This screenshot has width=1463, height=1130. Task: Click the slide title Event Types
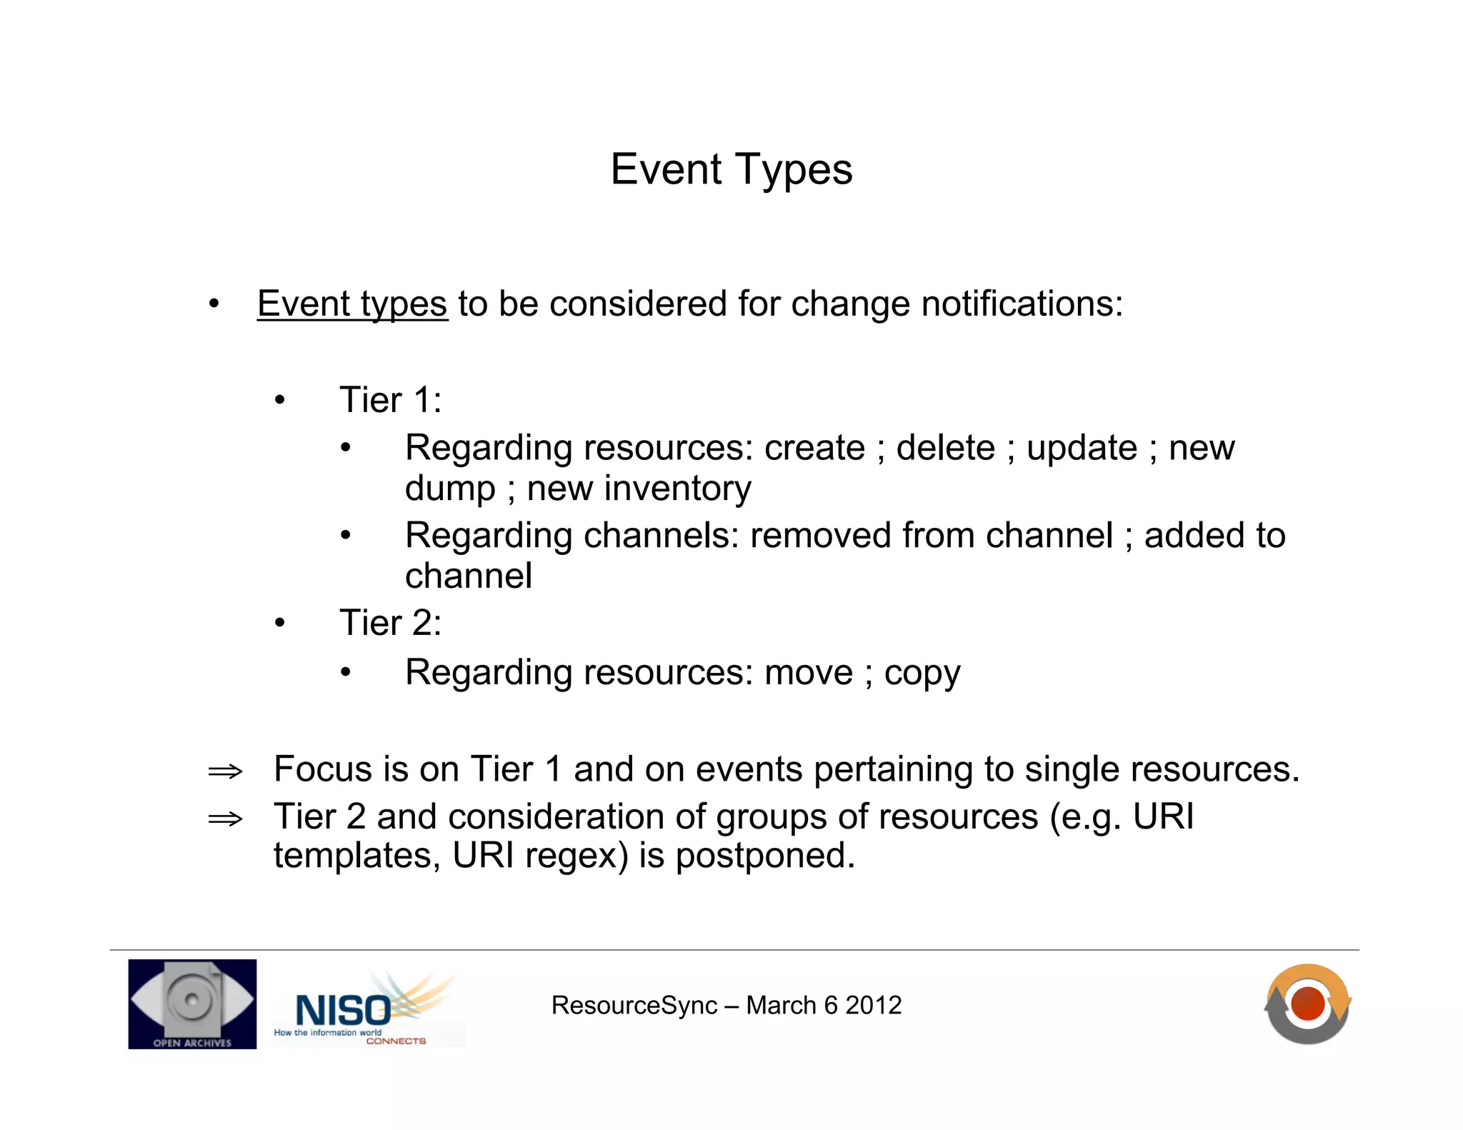coord(731,170)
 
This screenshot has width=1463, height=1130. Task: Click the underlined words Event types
coord(352,304)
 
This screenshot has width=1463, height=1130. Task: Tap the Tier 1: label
coord(390,400)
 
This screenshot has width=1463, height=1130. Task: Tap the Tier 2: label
coord(390,623)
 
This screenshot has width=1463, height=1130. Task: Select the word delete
coord(945,449)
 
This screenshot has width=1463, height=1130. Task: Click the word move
coord(808,673)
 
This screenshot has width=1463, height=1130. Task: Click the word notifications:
coord(1022,304)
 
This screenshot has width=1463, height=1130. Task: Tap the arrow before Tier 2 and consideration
coord(225,819)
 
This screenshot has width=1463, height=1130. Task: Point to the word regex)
coord(576,856)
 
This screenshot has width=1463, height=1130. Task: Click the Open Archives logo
coord(192,1004)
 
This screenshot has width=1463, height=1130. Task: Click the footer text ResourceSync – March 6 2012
coord(726,1006)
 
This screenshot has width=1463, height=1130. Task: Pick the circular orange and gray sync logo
coord(1307,1004)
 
